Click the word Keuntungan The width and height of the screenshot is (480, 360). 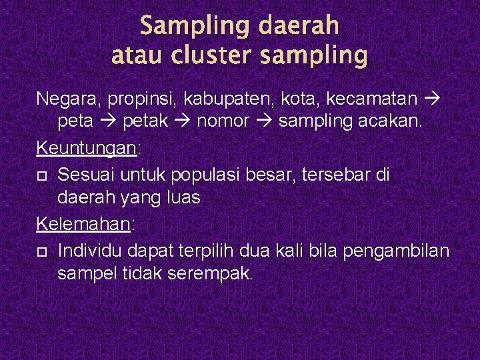pos(86,147)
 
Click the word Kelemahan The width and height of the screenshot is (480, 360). pos(84,224)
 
